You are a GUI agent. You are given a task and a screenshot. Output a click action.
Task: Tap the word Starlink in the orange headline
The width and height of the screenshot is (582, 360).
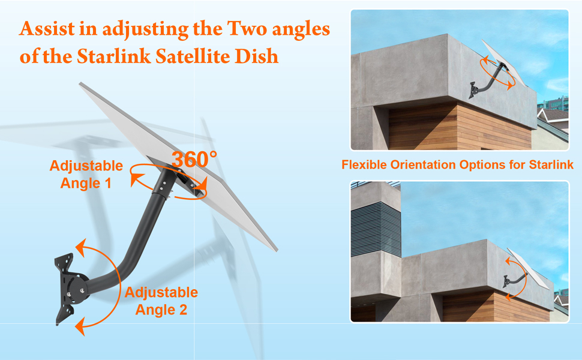coord(114,56)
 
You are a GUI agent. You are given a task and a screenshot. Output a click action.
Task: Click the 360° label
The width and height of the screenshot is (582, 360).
coord(194,160)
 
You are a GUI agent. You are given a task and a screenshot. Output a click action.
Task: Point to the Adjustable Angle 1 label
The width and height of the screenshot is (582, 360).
coord(86,175)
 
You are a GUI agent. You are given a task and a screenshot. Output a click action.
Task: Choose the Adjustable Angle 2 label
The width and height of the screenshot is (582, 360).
coord(161,301)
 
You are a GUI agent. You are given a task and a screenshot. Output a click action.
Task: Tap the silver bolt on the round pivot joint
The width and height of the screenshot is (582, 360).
coord(70,295)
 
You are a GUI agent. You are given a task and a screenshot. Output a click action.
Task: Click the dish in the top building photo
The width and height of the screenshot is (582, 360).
coord(503,63)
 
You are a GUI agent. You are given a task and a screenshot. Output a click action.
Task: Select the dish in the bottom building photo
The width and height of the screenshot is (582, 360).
coord(528,269)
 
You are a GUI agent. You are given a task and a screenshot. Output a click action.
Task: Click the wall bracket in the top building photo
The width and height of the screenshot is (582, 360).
coord(473,90)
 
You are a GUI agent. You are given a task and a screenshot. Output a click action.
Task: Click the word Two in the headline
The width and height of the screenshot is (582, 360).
coord(247,29)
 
